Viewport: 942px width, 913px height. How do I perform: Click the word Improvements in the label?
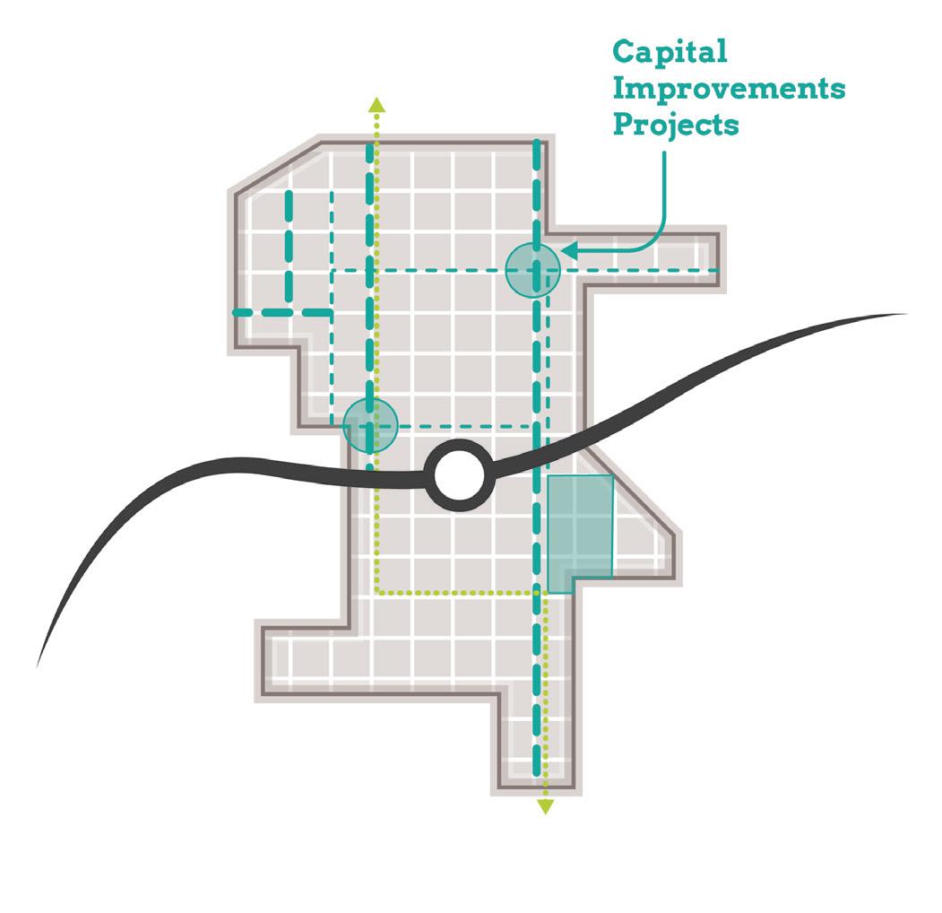729,88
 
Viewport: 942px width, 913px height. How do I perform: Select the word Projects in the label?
676,124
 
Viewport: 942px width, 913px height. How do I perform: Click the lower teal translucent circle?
370,424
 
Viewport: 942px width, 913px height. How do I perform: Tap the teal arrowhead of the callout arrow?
568,252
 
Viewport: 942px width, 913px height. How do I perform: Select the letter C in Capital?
624,52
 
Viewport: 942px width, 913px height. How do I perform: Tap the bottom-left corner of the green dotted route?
377,593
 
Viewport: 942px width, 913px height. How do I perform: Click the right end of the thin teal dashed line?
720,270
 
